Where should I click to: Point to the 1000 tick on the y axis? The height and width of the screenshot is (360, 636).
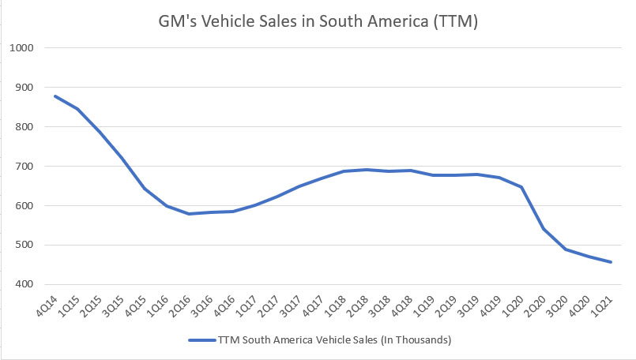22,48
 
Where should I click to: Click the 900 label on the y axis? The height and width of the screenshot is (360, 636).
24,88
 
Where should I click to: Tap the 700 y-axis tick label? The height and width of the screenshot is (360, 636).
24,167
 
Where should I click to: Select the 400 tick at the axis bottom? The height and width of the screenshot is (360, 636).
24,284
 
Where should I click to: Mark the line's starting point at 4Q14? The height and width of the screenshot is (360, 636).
55,96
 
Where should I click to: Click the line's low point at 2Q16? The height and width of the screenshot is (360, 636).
188,214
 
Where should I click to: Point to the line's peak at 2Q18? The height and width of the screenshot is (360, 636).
366,170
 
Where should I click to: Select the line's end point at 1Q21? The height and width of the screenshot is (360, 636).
610,262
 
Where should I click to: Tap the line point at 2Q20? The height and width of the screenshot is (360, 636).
544,229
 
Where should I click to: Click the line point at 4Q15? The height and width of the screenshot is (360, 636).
144,189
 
